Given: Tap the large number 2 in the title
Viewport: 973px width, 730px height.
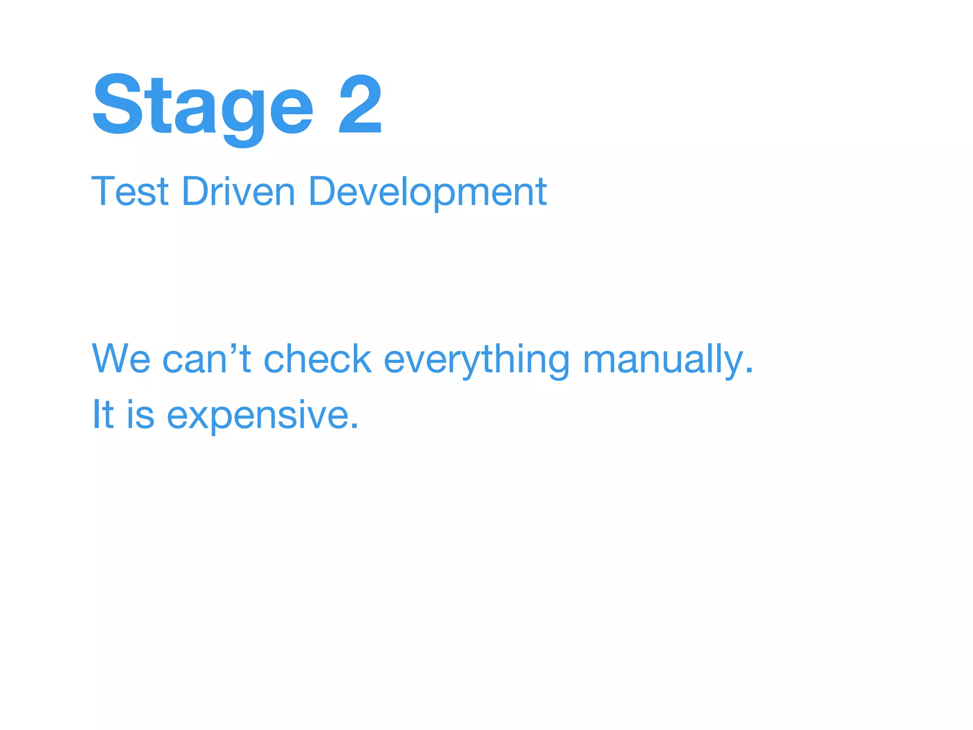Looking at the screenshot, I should point(360,105).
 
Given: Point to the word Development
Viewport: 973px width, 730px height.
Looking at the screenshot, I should point(428,192).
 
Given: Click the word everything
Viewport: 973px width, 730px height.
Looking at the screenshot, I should point(476,360).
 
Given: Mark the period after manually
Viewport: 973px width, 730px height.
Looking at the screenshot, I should point(749,371).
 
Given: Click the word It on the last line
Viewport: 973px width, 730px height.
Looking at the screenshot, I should point(103,414).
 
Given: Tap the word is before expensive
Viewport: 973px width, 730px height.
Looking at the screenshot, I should point(141,414).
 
